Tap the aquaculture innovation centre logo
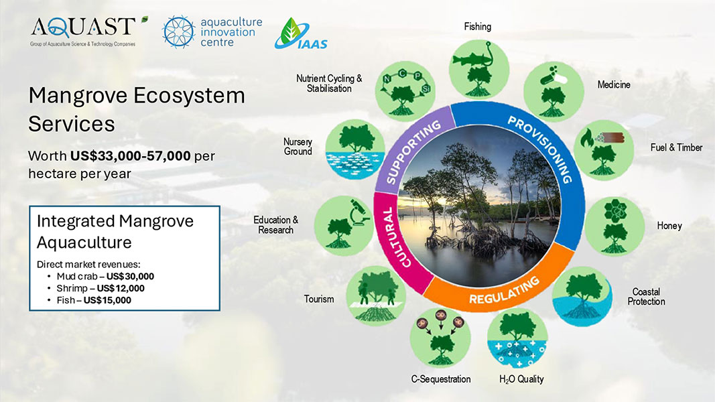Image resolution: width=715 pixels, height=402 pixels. pyautogui.click(x=212, y=32)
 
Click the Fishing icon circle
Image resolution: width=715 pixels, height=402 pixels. pyautogui.click(x=477, y=67)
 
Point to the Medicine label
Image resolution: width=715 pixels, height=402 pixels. pyautogui.click(x=614, y=85)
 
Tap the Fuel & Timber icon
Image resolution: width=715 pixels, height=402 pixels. pyautogui.click(x=604, y=149)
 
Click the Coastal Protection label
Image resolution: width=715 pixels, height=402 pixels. pyautogui.click(x=646, y=297)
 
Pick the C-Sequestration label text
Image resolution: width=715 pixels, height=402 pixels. pyautogui.click(x=440, y=379)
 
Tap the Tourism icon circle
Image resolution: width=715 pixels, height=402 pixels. pyautogui.click(x=373, y=295)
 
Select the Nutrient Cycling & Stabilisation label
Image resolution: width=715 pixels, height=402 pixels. pyautogui.click(x=329, y=84)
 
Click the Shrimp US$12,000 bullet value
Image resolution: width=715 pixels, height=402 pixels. pyautogui.click(x=121, y=288)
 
